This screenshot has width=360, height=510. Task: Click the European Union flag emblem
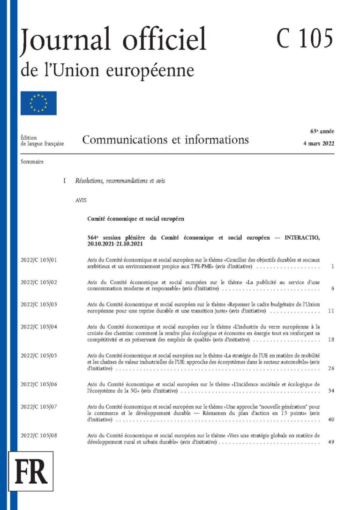[x=38, y=103]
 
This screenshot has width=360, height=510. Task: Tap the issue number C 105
[x=304, y=38]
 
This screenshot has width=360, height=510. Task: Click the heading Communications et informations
[x=165, y=139]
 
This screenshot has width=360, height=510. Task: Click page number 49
[x=331, y=442]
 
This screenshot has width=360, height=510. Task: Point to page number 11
[x=331, y=311]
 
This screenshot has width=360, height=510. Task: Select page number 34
[x=331, y=390]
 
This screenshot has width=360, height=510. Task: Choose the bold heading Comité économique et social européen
[x=136, y=219]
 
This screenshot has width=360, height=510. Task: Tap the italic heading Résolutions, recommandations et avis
[x=120, y=181]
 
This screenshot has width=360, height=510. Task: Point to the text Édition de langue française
[x=42, y=140]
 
